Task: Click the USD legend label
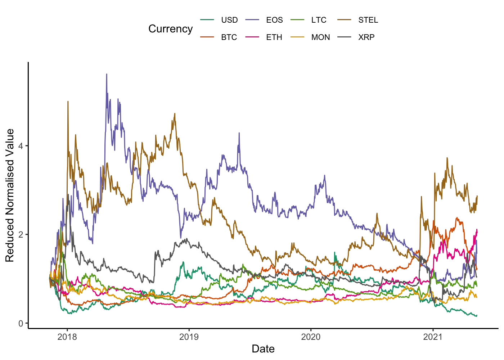coord(229,20)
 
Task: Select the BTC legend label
coord(229,37)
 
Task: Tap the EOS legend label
coord(274,20)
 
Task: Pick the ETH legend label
coord(274,37)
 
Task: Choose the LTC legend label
coord(319,20)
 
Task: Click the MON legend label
coord(320,37)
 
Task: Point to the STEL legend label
coord(368,20)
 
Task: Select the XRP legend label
coord(366,37)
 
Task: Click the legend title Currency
coord(170,29)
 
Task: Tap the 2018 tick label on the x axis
coord(67,337)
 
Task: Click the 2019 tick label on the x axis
coord(189,337)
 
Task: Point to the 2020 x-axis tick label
coord(311,337)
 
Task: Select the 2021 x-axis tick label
coord(433,337)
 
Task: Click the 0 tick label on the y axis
coord(21,324)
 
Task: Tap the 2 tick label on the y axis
coord(21,235)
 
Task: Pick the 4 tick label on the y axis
coord(21,146)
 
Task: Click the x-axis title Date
coord(263,349)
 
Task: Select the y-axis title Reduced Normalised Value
coord(10,195)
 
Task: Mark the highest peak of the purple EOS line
coord(107,74)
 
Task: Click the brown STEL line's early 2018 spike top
coord(68,102)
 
